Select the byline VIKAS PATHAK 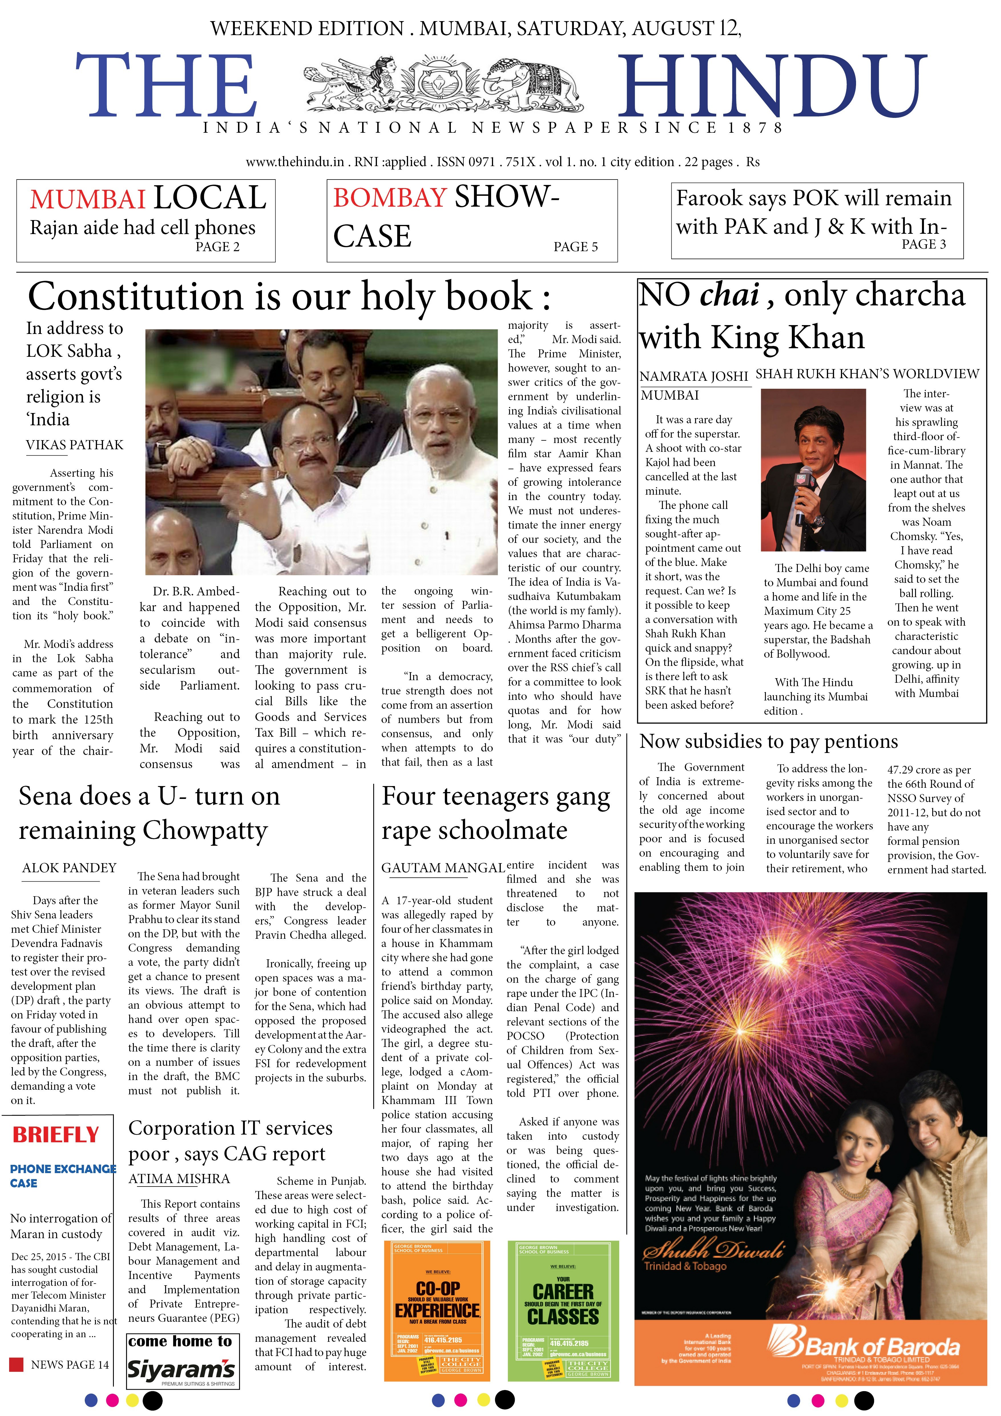[x=74, y=445]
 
